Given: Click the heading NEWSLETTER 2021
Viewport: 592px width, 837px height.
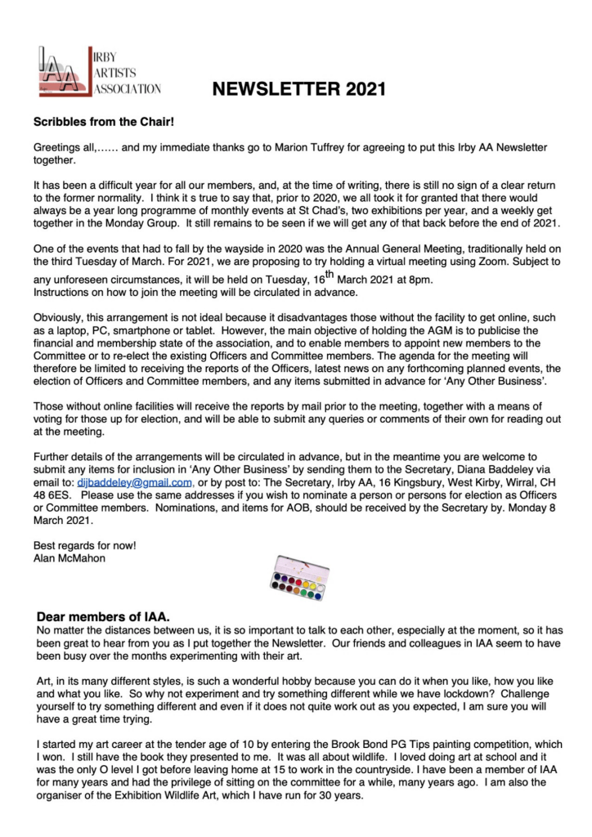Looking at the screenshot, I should click(x=299, y=88).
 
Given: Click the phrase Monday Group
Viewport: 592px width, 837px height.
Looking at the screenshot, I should click(x=150, y=222).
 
